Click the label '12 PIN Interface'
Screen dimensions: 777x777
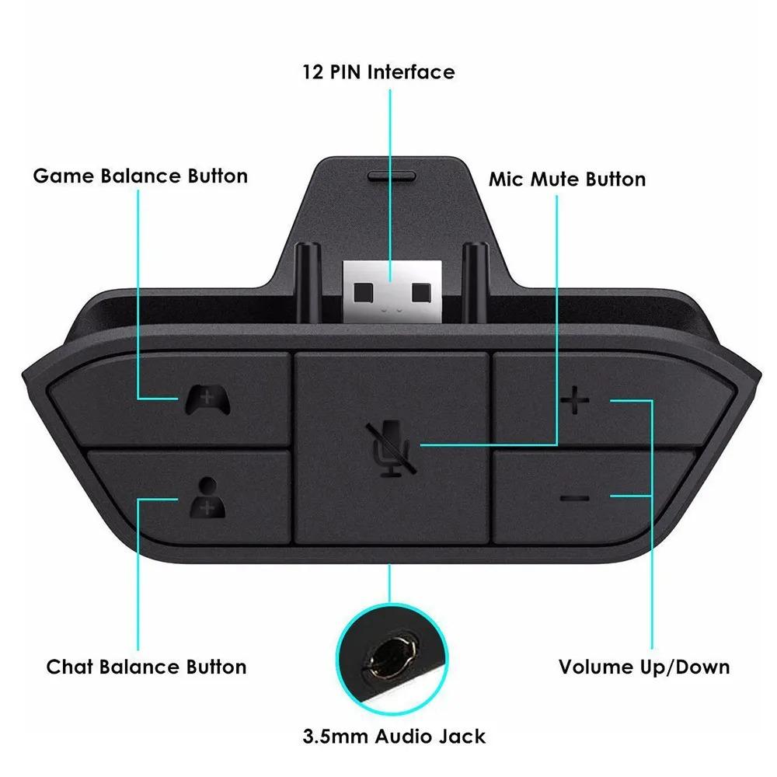[378, 72]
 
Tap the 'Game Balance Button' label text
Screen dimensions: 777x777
[140, 176]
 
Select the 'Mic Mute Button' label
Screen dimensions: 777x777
[566, 179]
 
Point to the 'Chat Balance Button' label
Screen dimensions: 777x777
[146, 667]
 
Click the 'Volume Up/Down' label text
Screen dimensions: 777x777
[644, 667]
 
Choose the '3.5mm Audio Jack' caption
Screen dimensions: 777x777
[395, 736]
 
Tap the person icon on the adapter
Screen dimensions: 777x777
[207, 497]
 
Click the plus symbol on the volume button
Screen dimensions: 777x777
[575, 401]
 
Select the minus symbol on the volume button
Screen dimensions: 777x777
[575, 497]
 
